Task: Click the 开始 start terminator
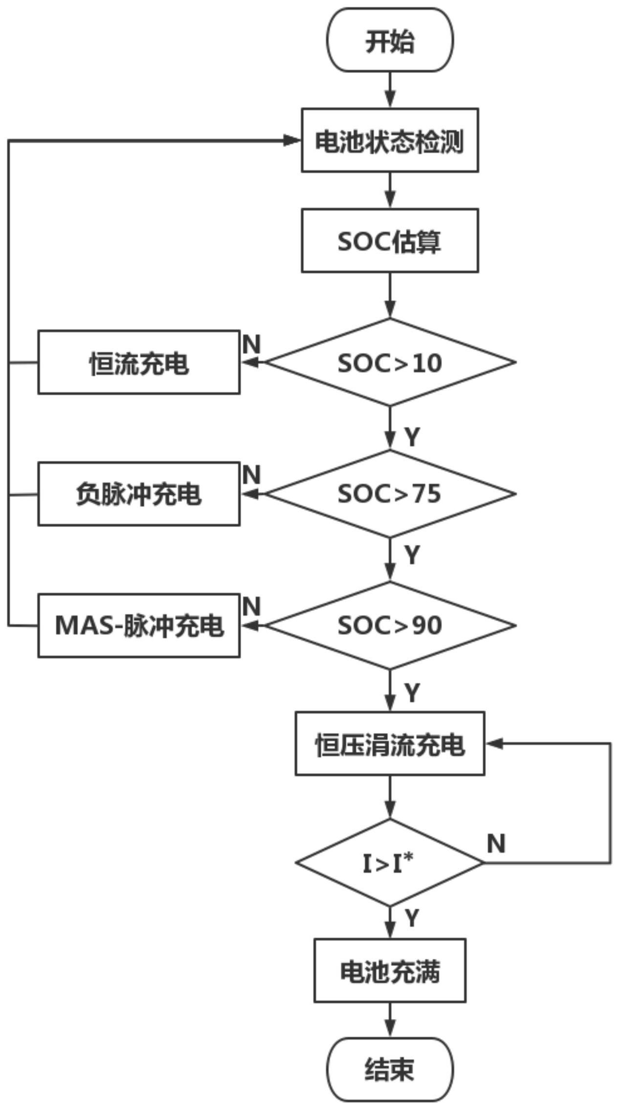(390, 40)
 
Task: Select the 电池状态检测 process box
(390, 140)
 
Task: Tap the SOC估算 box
(390, 240)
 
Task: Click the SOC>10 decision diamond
(390, 362)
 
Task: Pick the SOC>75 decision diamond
(390, 494)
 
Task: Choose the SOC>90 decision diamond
(390, 625)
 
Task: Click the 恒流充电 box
(139, 362)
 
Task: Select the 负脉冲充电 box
(139, 494)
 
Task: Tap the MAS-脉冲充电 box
(139, 625)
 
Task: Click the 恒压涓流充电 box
(390, 743)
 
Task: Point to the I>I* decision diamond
(390, 863)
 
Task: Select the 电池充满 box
(390, 970)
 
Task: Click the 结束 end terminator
(390, 1069)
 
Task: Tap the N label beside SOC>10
(251, 344)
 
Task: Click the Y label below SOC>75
(412, 555)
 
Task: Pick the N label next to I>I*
(496, 844)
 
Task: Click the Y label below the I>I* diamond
(412, 918)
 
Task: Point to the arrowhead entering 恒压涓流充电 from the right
(493, 743)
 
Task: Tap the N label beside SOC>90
(251, 607)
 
